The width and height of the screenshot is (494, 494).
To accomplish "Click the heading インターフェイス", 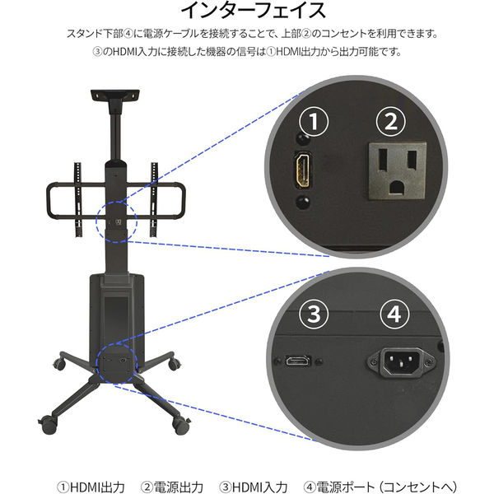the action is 254,10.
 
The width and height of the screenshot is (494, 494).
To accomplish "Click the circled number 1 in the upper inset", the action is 314,122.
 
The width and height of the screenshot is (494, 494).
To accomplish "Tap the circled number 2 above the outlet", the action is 391,122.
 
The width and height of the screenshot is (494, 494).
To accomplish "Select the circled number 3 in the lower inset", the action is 314,315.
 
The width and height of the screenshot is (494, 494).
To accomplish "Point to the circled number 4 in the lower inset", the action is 394,315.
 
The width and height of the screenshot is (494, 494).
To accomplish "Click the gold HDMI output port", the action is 303,170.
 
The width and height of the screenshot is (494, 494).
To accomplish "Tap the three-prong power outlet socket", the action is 398,170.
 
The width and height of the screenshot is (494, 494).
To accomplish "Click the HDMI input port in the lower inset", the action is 298,360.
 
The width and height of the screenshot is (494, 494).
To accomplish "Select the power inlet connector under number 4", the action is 400,361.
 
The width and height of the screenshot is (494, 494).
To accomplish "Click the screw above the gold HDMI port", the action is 303,139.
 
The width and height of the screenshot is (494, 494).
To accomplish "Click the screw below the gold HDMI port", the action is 303,203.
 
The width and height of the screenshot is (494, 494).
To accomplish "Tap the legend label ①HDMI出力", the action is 91,487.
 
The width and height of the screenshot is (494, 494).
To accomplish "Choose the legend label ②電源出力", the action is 172,487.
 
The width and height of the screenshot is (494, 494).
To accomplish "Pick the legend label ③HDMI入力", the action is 254,487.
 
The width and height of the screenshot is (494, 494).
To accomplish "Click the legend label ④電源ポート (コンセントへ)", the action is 380,487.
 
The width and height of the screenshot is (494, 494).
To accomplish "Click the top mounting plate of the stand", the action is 115,95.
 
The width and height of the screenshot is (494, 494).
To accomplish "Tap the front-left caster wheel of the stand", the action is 49,424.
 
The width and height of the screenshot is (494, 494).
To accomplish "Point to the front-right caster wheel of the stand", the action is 181,426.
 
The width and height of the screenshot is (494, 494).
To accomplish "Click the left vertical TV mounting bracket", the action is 78,199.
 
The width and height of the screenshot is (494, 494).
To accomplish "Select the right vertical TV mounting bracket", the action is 154,199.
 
